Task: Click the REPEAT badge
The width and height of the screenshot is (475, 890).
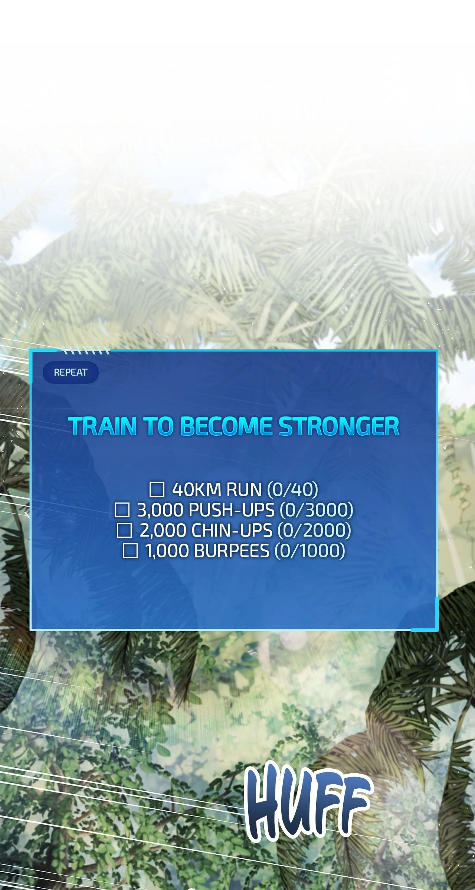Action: (71, 372)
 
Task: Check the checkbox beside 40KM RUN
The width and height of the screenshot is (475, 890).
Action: (157, 490)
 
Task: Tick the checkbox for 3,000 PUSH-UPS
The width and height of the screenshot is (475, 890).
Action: (122, 510)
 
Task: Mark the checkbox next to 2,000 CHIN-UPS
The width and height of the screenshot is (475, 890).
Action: (124, 531)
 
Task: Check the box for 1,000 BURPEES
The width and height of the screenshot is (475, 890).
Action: (130, 551)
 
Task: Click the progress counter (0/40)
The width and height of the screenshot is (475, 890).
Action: (293, 490)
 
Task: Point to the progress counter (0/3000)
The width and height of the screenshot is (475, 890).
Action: (316, 510)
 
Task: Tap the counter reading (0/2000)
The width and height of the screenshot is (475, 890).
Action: (314, 531)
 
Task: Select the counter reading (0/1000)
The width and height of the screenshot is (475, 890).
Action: (310, 551)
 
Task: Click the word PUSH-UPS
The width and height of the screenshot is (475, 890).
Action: (232, 510)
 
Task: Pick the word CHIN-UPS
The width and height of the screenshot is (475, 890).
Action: (232, 531)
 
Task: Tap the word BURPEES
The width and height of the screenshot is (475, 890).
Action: (232, 551)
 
